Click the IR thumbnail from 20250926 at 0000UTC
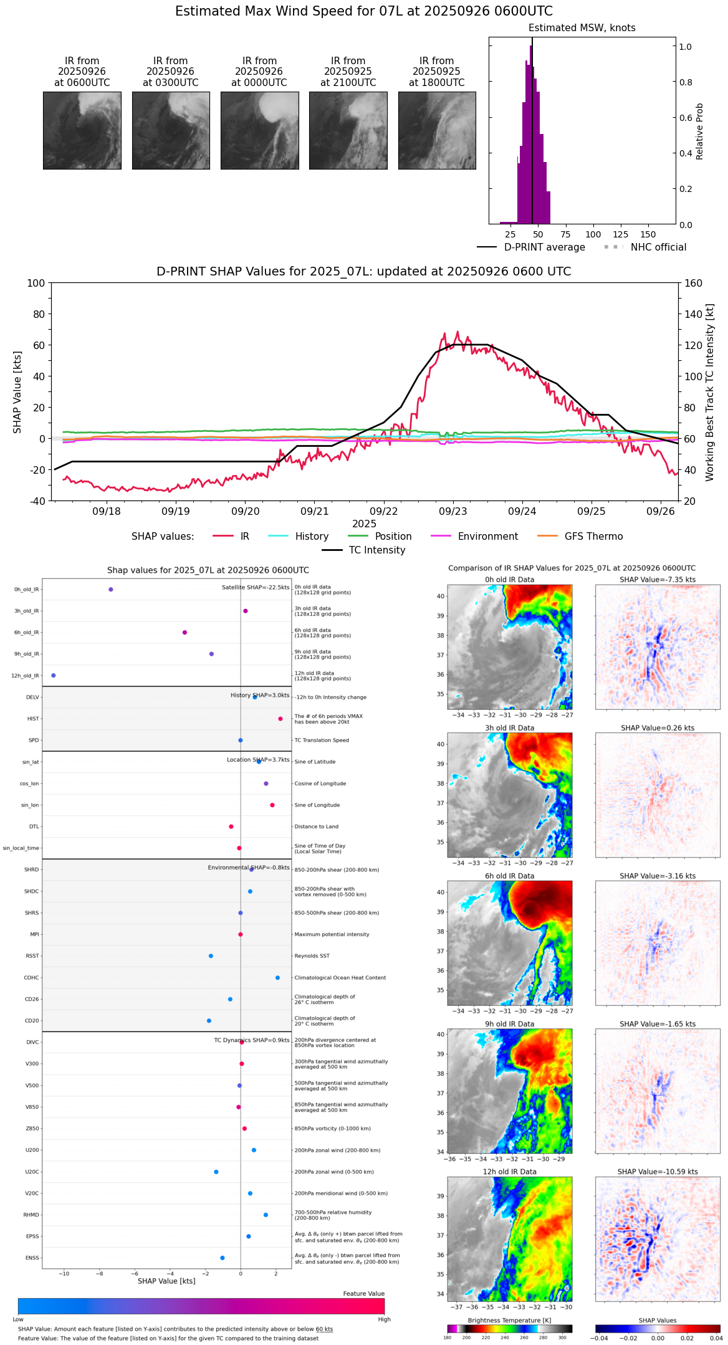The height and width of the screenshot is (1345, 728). click(x=259, y=130)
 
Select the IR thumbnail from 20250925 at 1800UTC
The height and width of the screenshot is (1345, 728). click(x=437, y=130)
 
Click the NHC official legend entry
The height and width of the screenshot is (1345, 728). click(x=658, y=247)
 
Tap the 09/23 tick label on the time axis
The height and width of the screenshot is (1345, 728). click(x=453, y=512)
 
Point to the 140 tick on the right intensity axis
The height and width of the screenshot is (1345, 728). click(x=694, y=314)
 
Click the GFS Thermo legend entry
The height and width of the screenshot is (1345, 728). click(x=593, y=537)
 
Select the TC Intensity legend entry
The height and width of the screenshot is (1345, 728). click(x=376, y=550)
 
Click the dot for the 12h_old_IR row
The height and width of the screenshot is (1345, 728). click(x=54, y=676)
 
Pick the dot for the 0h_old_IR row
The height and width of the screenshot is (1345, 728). click(x=111, y=590)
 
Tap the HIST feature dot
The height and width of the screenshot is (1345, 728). click(x=280, y=719)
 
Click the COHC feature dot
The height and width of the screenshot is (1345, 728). click(x=278, y=978)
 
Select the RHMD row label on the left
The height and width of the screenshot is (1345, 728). click(x=32, y=1215)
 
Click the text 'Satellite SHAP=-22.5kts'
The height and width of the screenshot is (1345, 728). click(x=256, y=588)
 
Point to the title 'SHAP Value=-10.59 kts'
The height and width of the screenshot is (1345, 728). click(x=658, y=1172)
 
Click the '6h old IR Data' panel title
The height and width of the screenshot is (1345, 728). click(x=509, y=876)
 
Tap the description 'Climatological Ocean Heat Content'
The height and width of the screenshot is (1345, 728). click(x=340, y=978)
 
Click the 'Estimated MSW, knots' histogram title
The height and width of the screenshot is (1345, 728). click(x=582, y=28)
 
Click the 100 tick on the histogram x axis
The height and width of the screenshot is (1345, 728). click(x=593, y=234)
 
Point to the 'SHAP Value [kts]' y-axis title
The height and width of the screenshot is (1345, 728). click(x=17, y=392)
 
